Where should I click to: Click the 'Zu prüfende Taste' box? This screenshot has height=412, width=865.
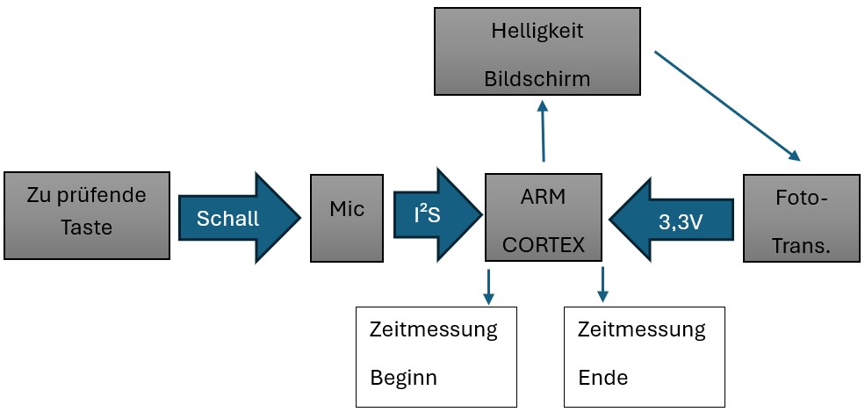click(x=86, y=215)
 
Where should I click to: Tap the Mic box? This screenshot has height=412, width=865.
click(x=346, y=217)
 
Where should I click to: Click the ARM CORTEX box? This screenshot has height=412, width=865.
click(x=544, y=217)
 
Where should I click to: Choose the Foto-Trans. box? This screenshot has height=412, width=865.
click(x=800, y=218)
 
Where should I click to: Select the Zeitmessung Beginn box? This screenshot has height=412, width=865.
click(x=433, y=357)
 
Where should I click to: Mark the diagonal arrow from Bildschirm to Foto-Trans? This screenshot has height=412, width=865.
click(x=727, y=106)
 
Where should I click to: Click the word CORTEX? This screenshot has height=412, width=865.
click(x=544, y=245)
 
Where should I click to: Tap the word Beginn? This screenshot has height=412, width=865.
click(x=403, y=379)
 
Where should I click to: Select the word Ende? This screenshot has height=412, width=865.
click(x=603, y=379)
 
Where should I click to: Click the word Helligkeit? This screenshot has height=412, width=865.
click(x=537, y=30)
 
